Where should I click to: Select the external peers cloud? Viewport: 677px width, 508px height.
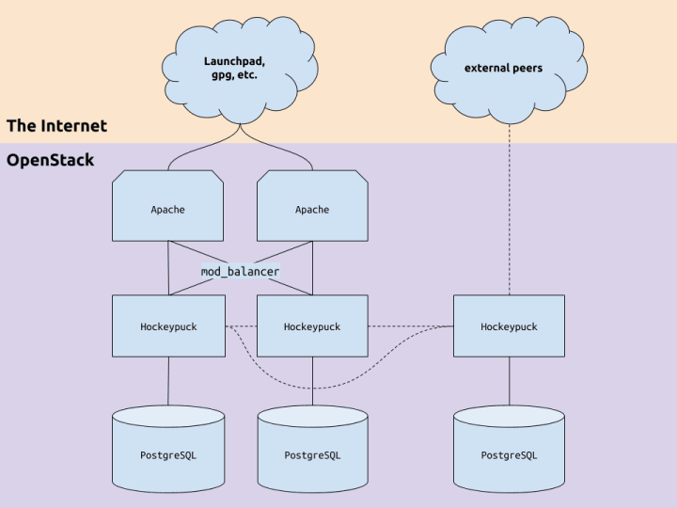509,70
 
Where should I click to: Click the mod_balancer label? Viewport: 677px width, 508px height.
241,271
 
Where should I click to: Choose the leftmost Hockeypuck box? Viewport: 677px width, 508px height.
168,325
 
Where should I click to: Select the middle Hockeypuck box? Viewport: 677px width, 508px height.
312,325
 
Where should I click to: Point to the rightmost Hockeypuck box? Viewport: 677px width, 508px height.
509,325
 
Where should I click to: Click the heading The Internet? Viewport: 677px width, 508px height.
56,126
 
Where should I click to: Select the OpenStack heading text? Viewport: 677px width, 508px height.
51,160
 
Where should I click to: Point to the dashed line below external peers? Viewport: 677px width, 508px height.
509,216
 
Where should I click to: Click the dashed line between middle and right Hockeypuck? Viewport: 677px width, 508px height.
410,326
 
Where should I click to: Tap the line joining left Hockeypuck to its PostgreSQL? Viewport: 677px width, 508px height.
168,381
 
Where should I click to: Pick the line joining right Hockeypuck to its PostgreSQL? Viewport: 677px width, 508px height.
509,381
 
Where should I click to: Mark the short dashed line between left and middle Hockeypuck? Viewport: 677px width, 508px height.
241,326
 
